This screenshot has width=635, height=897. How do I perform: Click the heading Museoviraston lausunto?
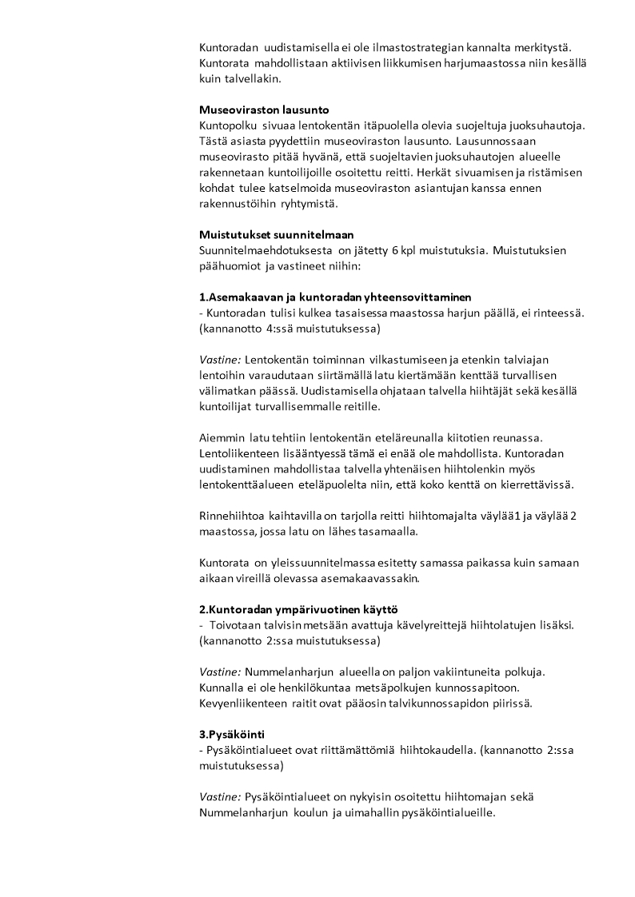coord(264,109)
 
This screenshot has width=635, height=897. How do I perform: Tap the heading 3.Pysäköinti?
coord(232,734)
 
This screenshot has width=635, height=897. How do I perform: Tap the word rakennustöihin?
coord(235,203)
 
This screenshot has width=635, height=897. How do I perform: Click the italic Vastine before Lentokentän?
coord(220,360)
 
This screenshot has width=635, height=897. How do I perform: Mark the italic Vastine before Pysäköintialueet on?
coord(220,797)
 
